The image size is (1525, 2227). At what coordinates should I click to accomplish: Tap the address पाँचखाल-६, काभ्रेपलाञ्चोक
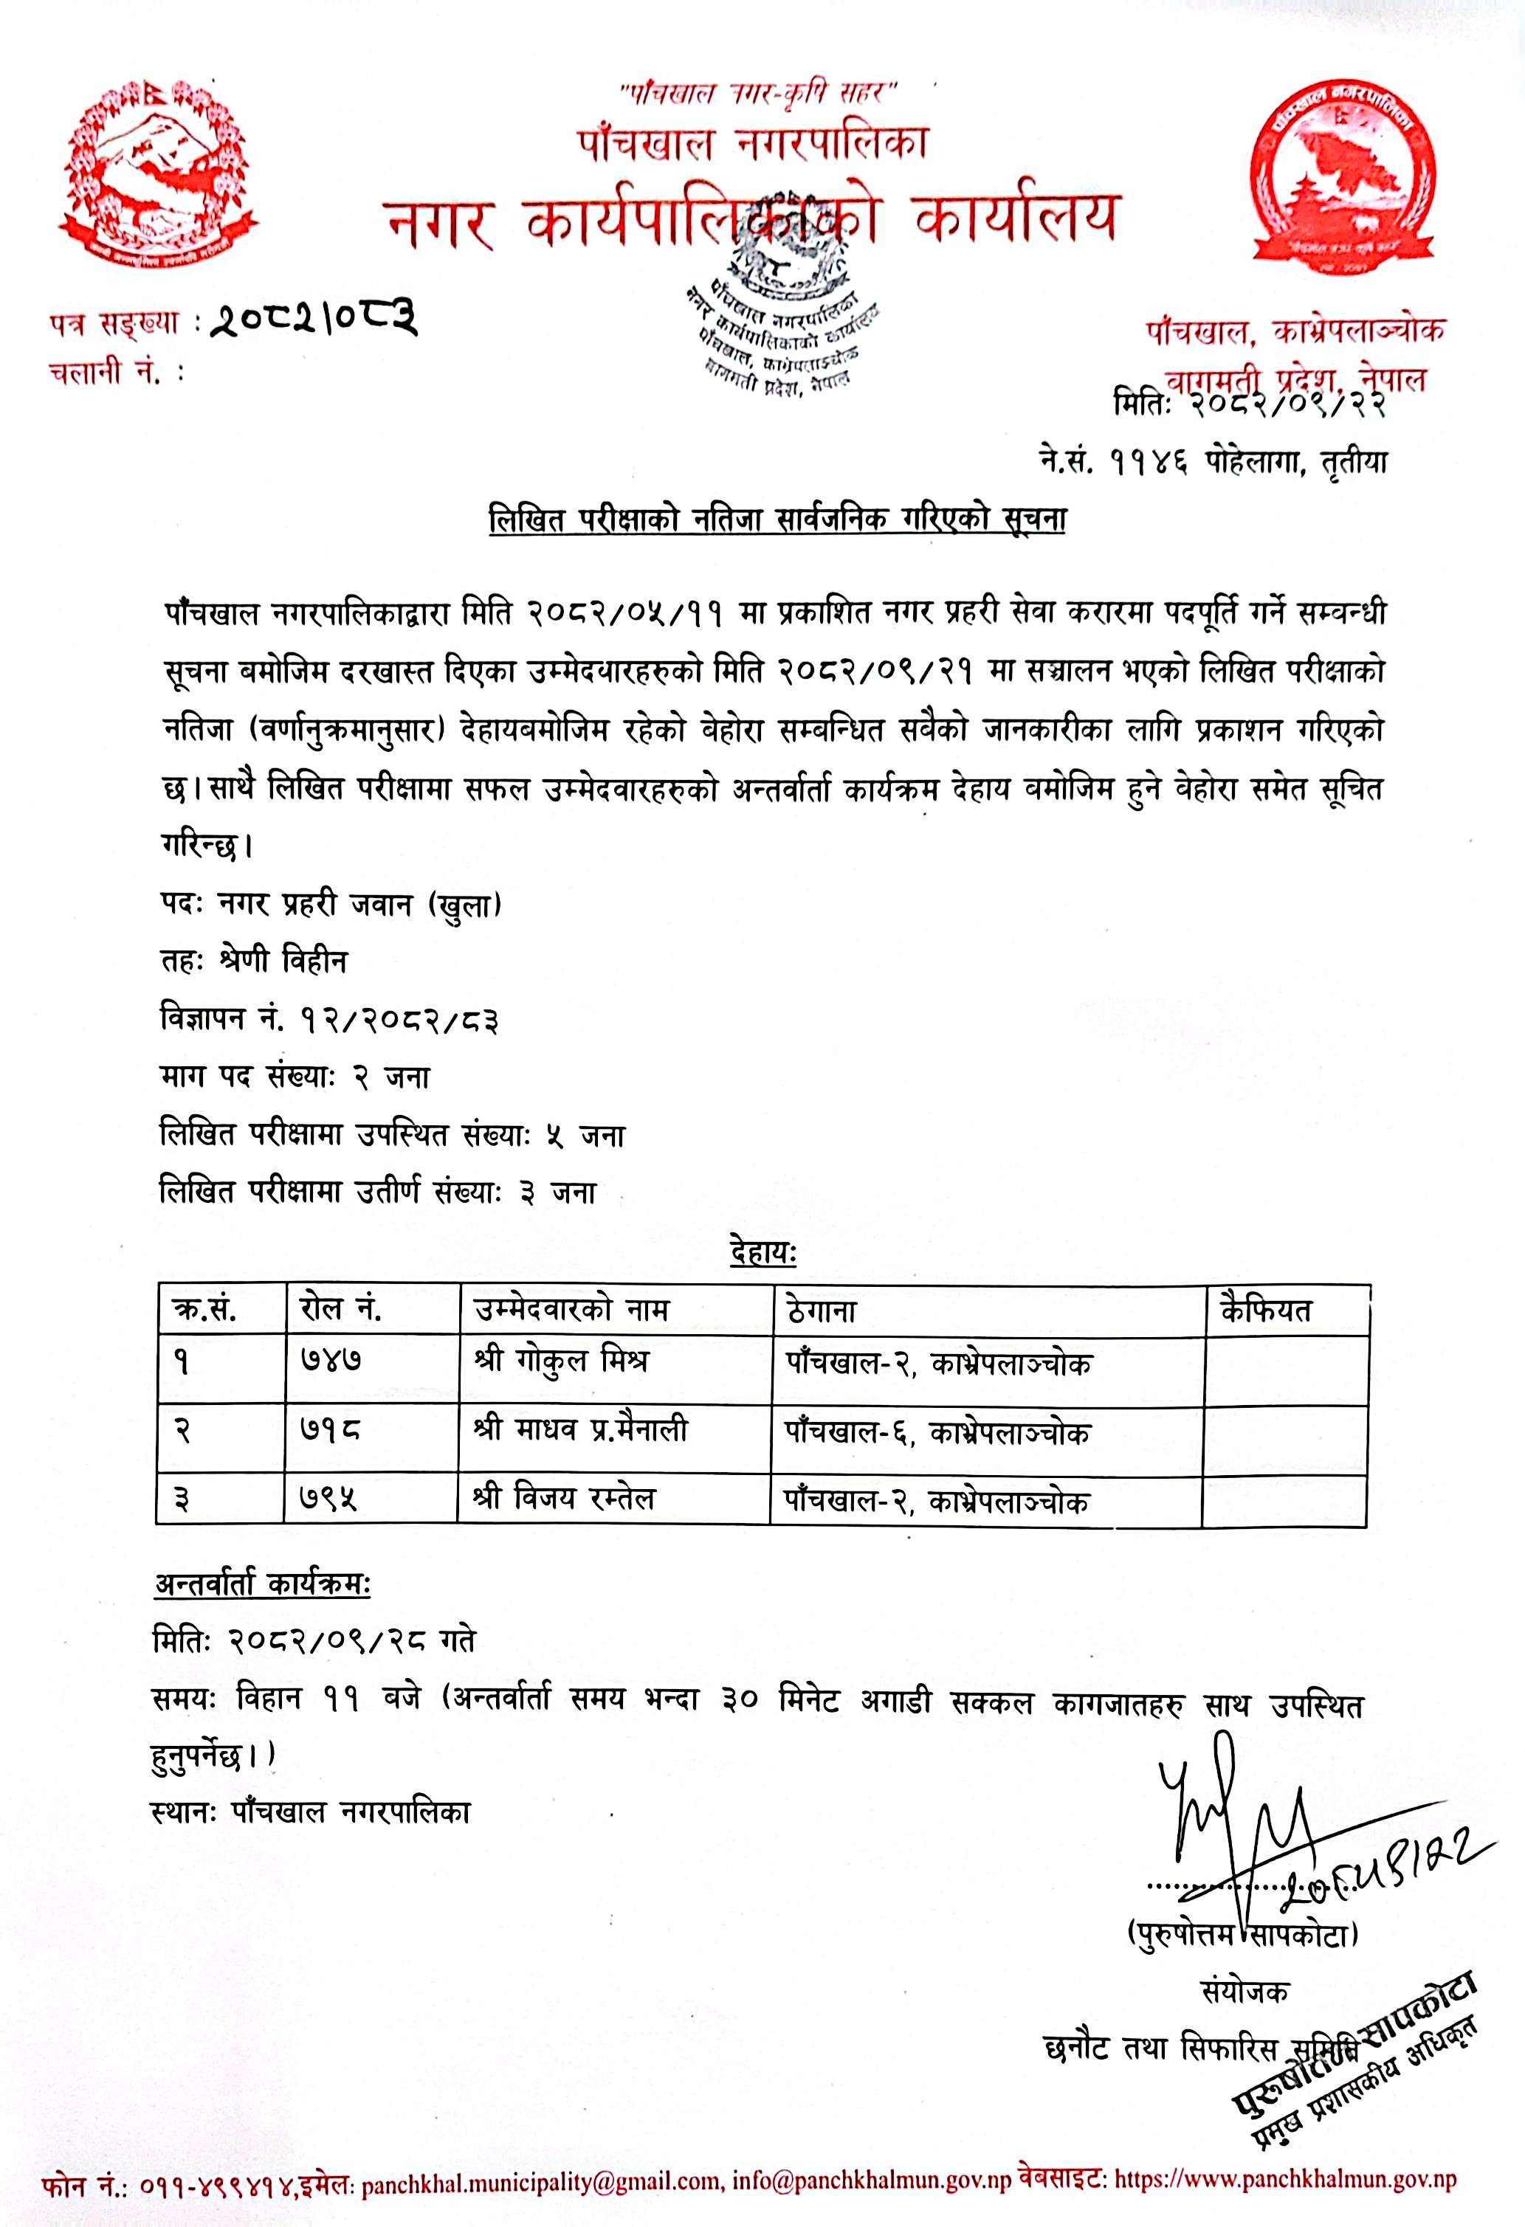(x=937, y=1432)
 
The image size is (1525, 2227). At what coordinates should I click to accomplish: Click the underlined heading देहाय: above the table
(x=763, y=1252)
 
